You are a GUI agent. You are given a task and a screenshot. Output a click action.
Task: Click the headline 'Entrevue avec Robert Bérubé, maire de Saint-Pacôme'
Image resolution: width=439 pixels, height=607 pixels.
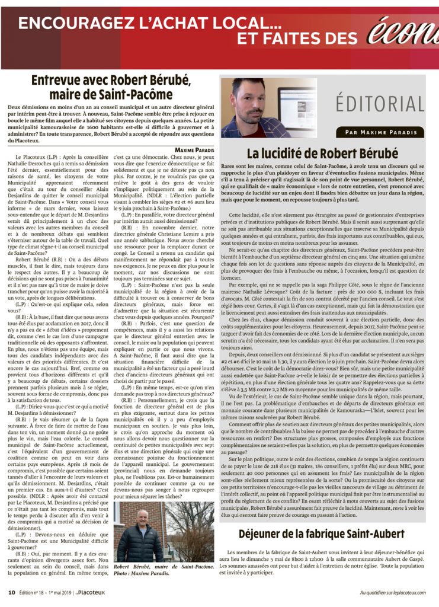coord(111,87)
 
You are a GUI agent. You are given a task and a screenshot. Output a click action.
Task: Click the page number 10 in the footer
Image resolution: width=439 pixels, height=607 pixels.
coord(11,592)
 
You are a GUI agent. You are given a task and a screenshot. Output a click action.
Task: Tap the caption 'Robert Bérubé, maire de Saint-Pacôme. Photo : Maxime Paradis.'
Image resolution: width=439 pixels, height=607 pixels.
coord(164,570)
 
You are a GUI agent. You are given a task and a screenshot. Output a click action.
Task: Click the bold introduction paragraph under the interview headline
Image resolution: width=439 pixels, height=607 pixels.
coord(111,122)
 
